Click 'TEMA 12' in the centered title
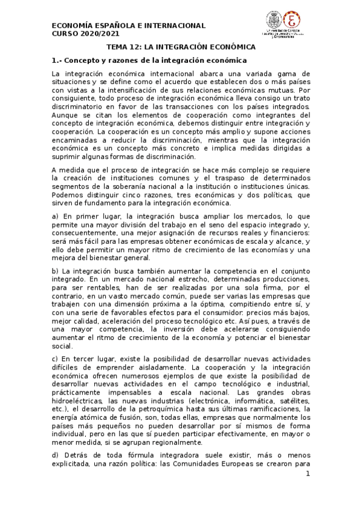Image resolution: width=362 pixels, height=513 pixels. pos(124,47)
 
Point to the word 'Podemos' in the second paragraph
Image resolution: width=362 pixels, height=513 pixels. pos(69,195)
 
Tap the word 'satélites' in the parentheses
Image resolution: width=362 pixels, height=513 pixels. pos(291,400)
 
